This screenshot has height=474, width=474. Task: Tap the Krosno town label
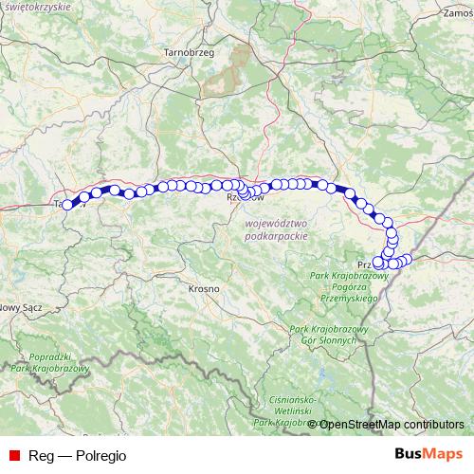pyautogui.click(x=204, y=287)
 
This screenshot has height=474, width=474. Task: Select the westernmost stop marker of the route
pyautogui.click(x=67, y=203)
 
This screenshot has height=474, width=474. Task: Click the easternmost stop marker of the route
pyautogui.click(x=409, y=259)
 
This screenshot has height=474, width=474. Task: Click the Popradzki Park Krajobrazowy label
pyautogui.click(x=47, y=361)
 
